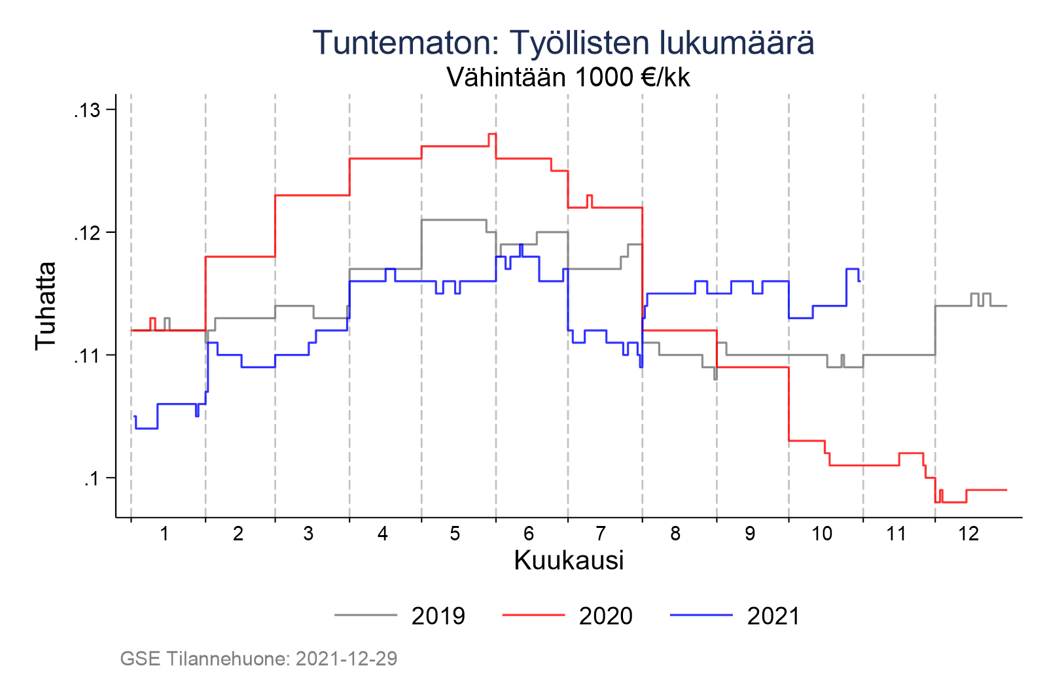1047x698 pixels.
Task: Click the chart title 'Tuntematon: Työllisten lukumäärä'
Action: (563, 43)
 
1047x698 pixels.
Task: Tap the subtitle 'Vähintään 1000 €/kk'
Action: (568, 78)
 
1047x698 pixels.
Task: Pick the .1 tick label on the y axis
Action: (91, 478)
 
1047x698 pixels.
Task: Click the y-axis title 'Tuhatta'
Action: (46, 305)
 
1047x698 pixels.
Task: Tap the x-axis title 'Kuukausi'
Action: (569, 561)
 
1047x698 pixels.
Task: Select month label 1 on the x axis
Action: (164, 534)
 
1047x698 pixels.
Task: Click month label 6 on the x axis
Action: (529, 534)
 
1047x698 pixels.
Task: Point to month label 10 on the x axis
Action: (822, 534)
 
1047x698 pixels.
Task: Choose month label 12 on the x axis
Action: (968, 534)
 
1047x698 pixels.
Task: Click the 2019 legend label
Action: (438, 616)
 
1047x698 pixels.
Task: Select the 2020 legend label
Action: (605, 616)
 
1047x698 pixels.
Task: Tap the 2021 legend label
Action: (773, 616)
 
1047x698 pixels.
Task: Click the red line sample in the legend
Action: (533, 615)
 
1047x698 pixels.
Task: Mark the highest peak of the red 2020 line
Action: (492, 134)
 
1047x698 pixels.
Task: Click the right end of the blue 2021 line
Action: (859, 281)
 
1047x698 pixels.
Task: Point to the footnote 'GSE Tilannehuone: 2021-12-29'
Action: (258, 659)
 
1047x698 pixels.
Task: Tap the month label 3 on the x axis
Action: (308, 534)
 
